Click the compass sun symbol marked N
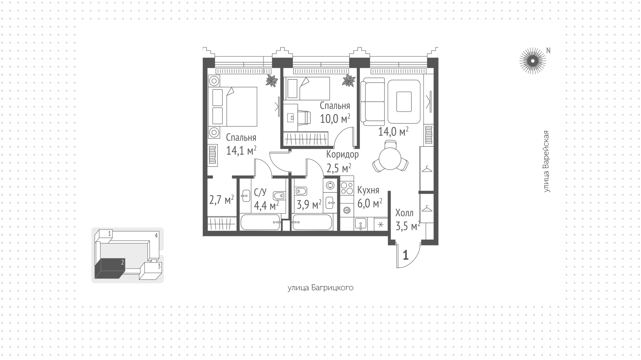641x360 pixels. click(532, 61)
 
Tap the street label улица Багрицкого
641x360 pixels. click(320, 288)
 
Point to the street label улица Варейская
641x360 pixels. click(546, 162)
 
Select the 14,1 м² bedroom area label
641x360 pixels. click(241, 151)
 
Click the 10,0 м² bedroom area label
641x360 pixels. click(335, 119)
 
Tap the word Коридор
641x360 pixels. click(343, 154)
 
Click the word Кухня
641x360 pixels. click(368, 190)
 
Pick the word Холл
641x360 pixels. click(404, 213)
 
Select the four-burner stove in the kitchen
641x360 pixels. click(347, 187)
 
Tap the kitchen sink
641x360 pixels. click(361, 224)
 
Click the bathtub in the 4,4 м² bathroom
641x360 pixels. click(260, 222)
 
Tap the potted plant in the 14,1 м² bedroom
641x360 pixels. click(272, 81)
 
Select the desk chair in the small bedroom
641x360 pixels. click(304, 117)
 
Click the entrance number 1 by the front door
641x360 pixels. click(406, 255)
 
